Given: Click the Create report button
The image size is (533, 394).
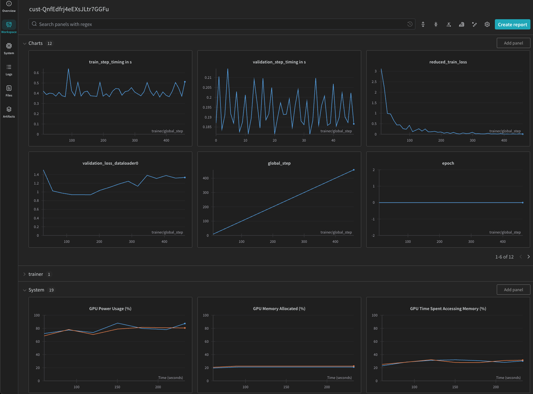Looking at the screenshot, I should pyautogui.click(x=512, y=25).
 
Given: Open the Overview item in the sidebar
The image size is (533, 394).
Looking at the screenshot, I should pyautogui.click(x=9, y=7).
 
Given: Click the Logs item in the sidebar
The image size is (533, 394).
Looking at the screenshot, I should pyautogui.click(x=9, y=70).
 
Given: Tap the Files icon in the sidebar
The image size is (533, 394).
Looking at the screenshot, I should pyautogui.click(x=9, y=91).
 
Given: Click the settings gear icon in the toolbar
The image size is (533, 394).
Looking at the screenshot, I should pyautogui.click(x=487, y=24).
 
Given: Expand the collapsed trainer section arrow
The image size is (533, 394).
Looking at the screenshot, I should pyautogui.click(x=24, y=274).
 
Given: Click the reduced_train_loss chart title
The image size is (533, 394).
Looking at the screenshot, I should pyautogui.click(x=448, y=62).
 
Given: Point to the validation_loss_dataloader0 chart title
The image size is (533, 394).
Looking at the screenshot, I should pyautogui.click(x=110, y=163).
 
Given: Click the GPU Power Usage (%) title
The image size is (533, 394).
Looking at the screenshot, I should pyautogui.click(x=110, y=309).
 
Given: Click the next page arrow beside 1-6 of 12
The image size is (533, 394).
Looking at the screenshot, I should pyautogui.click(x=529, y=257).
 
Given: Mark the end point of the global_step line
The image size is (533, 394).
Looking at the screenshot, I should pyautogui.click(x=354, y=170).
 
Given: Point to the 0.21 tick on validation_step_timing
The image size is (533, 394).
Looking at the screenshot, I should pyautogui.click(x=208, y=78).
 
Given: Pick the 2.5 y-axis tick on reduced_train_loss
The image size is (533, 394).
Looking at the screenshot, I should pyautogui.click(x=374, y=82).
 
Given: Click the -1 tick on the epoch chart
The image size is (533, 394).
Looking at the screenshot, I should pyautogui.click(x=373, y=219).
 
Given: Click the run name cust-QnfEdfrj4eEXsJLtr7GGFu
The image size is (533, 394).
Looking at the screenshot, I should pyautogui.click(x=69, y=9).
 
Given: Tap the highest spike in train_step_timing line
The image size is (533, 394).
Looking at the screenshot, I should pyautogui.click(x=68, y=69).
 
